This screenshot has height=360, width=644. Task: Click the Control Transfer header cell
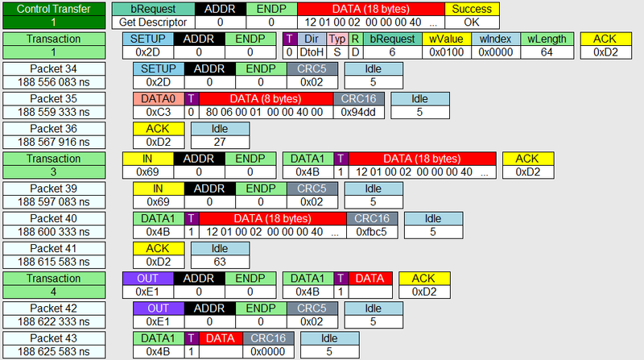54,9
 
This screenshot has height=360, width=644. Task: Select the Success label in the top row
472,9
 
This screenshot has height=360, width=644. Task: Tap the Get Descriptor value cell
153,23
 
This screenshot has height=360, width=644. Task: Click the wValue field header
447,39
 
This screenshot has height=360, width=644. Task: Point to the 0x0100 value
447,52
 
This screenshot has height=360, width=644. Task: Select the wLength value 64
547,52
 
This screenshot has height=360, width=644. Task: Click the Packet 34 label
54,69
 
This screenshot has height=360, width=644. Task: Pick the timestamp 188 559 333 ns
54,112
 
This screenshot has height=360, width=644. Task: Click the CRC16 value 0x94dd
358,112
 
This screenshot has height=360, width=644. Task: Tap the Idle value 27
220,143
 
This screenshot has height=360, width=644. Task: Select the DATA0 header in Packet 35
159,99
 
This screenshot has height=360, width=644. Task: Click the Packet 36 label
54,129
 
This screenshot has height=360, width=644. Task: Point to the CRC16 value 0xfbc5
372,232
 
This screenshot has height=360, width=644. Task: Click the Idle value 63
220,262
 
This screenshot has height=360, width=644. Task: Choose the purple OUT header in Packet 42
159,308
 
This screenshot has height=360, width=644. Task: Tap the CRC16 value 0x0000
268,352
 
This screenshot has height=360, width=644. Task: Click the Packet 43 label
54,338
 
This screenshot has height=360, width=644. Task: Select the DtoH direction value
312,52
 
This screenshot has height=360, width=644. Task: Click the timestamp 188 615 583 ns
54,262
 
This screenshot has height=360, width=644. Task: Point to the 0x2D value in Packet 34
159,82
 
